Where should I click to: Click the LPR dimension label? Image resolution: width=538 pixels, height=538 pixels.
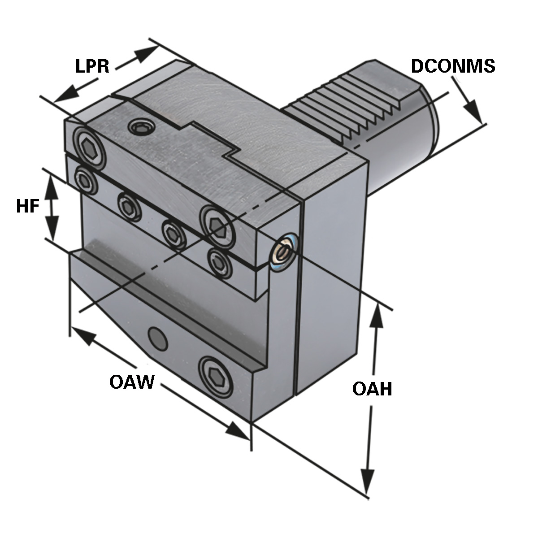pos(92,66)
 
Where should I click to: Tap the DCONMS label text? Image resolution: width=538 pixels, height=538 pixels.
pos(453,66)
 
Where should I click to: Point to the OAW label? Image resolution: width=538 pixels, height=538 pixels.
pos(132,382)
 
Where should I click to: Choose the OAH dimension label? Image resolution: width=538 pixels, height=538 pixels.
pos(372,389)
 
